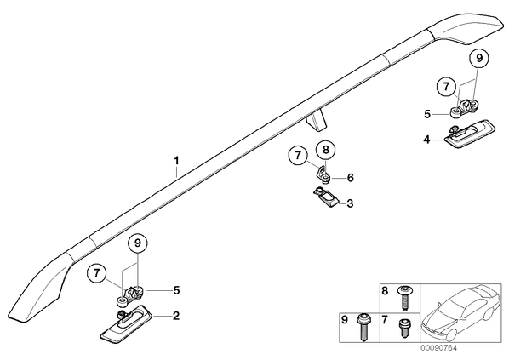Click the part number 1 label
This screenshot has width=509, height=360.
tap(176, 161)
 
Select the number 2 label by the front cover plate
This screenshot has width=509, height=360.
tap(176, 315)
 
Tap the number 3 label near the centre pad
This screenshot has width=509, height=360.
tap(350, 203)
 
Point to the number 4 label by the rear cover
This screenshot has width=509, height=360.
tap(426, 140)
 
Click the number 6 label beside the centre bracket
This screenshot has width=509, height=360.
tap(351, 178)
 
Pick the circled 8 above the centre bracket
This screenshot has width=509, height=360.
tap(326, 149)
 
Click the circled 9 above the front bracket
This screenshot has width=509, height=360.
tap(138, 243)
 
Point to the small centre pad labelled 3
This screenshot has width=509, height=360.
tap(326, 197)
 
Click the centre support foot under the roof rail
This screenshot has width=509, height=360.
tap(316, 120)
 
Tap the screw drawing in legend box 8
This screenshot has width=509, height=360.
tap(403, 298)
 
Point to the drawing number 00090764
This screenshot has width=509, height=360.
tap(439, 348)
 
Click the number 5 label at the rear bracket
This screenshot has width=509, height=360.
tap(427, 114)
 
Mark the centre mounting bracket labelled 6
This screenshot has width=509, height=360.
tap(323, 174)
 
